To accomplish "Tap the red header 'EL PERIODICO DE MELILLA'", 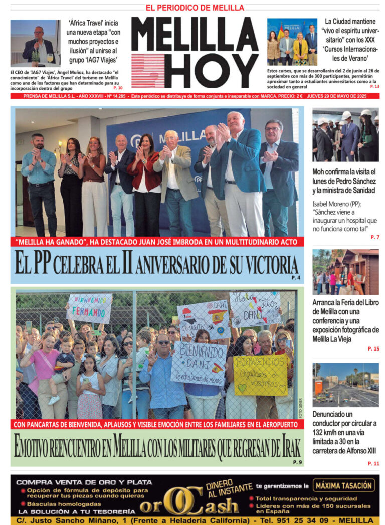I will pos(195,8).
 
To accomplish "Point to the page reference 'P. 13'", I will pos(374,87).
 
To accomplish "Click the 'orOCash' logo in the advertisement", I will pos(189,504).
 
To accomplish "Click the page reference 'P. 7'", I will pos(374,237).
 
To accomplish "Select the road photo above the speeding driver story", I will pos(345,385).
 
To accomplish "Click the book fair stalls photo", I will pos(345,272).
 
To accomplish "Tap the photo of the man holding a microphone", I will pos(35,43).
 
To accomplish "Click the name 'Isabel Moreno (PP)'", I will pos(337,204).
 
